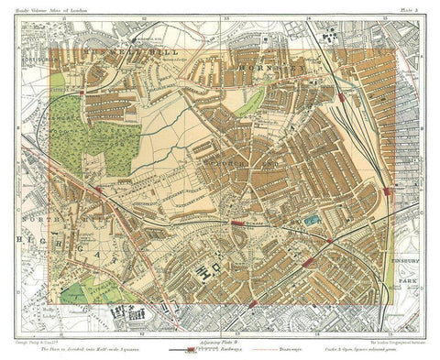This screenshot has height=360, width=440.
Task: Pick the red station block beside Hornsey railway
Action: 341,94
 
